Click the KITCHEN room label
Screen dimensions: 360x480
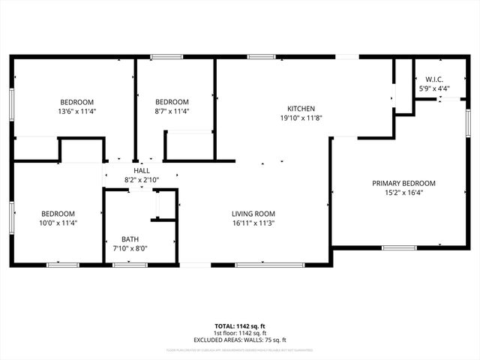point(291,109)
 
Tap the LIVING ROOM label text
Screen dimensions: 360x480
point(253,214)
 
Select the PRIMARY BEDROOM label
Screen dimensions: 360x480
point(403,183)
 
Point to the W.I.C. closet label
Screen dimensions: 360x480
point(434,79)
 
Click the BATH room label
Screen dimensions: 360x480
point(130,239)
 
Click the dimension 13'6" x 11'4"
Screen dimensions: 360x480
point(77,112)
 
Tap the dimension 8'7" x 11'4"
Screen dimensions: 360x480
point(172,112)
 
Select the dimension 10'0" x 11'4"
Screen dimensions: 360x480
point(58,223)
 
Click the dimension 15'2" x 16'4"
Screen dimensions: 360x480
point(403,193)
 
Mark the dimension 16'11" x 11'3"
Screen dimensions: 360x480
point(253,223)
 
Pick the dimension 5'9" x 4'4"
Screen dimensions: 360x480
point(434,89)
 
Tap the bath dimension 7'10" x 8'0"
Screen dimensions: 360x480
point(130,248)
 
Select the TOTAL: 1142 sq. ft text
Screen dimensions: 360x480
point(240,326)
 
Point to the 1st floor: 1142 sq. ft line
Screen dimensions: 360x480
point(240,332)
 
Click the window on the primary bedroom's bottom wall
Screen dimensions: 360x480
point(399,247)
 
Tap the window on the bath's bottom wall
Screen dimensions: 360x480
point(130,264)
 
